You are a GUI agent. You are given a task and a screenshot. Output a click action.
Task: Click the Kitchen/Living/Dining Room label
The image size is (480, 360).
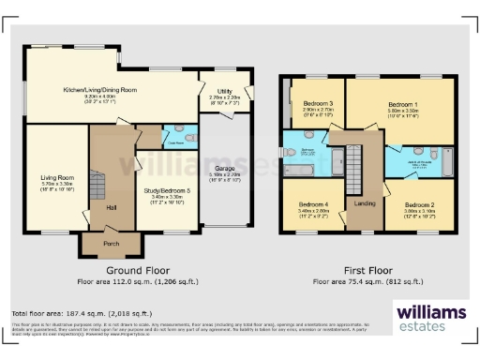point(99,90)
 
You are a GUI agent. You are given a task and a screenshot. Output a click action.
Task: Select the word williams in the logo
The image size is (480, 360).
point(430,312)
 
